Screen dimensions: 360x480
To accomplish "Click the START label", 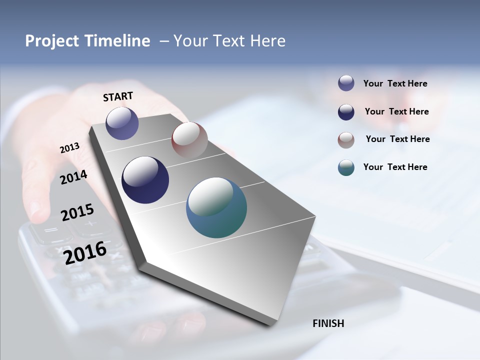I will pos(118,96).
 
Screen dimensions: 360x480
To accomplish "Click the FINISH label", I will pos(328,323).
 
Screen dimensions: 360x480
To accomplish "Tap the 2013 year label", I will pos(69,148).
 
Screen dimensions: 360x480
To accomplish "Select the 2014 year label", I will pos(73,177).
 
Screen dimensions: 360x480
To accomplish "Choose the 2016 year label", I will pos(85,252).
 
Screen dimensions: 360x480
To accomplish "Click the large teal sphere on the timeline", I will pos(216,208).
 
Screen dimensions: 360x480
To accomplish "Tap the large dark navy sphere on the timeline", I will pos(145,180).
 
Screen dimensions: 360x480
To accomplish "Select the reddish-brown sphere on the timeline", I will pos(189,140).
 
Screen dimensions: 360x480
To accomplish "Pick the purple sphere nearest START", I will pos(122,123).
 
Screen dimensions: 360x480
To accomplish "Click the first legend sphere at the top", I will pos(346,83).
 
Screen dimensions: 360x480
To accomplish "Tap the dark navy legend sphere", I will pos(346,112).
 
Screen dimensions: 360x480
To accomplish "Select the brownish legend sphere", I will pos(346,140).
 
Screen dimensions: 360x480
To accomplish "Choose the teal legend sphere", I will pos(346,167).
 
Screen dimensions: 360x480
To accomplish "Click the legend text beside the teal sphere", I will pos(395,167).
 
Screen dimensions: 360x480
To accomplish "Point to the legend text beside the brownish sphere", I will pos(397,139).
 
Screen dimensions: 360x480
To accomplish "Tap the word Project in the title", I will pos(51,41).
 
